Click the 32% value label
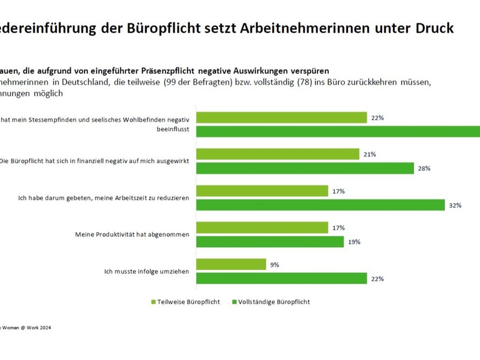coord(455,205)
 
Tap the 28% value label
coord(424,169)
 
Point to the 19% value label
coord(354,242)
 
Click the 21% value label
coord(370,155)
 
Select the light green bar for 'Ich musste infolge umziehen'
coord(231,265)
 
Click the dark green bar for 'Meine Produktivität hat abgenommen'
coord(270,242)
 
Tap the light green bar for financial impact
coord(278,155)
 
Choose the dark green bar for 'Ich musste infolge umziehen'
coord(281,278)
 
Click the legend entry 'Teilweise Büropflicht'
coord(185,302)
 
